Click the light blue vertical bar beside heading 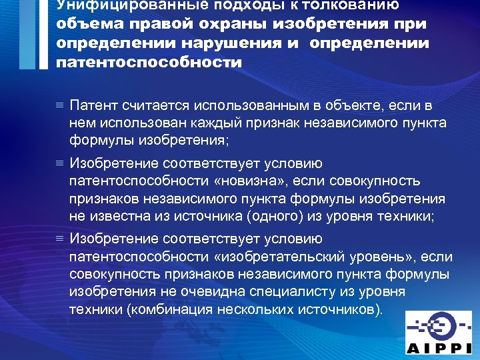click(27, 33)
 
